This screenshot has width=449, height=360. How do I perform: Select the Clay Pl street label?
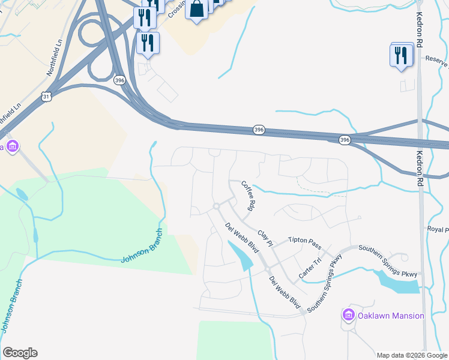point(265,238)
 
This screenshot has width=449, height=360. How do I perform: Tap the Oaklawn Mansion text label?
point(391,316)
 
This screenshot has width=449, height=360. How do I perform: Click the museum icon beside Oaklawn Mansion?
point(348,315)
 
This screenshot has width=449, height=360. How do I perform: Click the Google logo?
point(20,353)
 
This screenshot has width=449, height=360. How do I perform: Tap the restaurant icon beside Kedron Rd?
point(400,56)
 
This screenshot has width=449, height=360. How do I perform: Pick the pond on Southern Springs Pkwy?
point(396,281)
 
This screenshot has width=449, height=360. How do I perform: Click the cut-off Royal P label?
point(438,230)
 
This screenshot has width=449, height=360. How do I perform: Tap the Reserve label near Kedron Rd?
point(436,59)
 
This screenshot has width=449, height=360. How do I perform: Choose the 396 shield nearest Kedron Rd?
point(344,140)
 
